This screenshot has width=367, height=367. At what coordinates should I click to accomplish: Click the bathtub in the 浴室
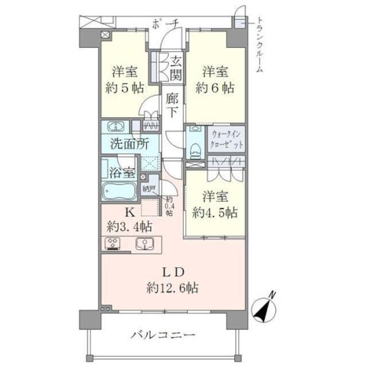coord(118,191)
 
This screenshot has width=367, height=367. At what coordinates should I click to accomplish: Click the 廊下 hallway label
coord(173,104)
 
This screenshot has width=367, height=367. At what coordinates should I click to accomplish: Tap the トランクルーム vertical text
coord(259,44)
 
